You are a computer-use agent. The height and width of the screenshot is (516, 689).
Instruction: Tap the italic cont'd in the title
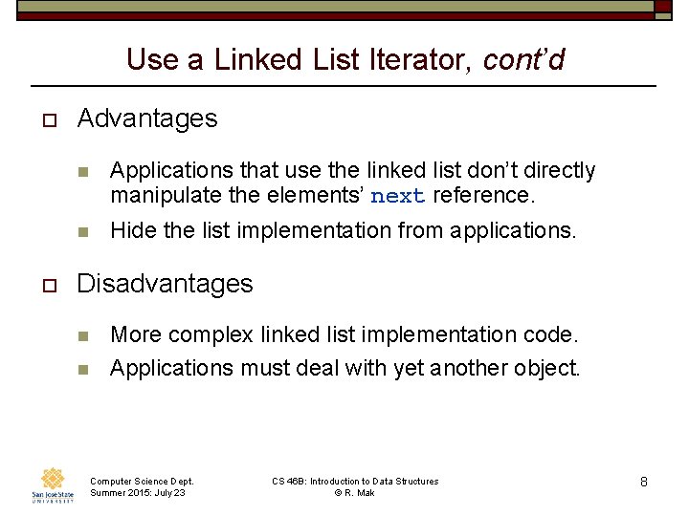click(523, 60)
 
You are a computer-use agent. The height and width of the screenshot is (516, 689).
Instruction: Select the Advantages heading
click(147, 118)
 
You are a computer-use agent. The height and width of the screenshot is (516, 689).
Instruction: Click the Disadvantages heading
click(165, 284)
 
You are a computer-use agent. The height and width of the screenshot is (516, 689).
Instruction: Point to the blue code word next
click(397, 197)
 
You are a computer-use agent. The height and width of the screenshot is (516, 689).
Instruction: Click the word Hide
click(131, 230)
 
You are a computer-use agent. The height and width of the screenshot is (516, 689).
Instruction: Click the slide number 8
click(644, 483)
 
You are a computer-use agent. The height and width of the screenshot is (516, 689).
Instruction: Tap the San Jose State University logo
click(53, 484)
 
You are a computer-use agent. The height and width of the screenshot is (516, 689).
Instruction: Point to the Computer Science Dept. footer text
click(142, 481)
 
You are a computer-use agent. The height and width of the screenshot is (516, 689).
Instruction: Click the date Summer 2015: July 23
click(138, 492)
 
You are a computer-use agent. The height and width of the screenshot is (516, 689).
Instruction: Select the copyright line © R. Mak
click(354, 492)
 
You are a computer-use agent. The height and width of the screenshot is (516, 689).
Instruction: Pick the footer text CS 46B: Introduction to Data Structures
click(355, 481)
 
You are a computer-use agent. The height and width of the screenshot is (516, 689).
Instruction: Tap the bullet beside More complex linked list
click(83, 336)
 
